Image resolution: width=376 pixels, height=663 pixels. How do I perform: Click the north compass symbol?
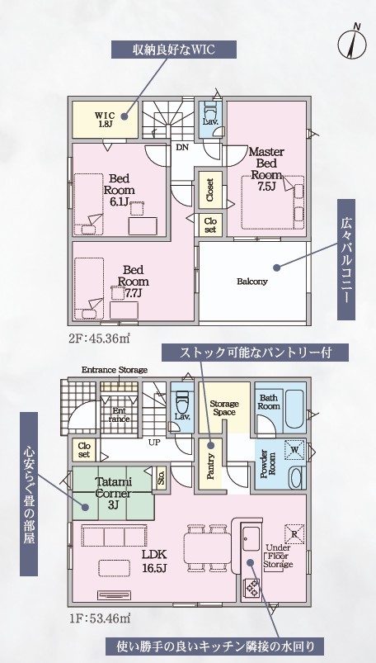click(x=351, y=43)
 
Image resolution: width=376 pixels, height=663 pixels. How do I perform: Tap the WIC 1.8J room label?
click(x=104, y=119)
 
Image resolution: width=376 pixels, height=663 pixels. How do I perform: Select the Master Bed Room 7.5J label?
click(x=266, y=169)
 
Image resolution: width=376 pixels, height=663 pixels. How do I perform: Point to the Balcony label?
click(x=252, y=282)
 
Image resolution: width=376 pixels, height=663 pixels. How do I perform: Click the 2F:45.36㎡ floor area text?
click(x=98, y=339)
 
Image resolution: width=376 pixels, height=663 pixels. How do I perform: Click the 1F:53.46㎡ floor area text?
click(x=98, y=618)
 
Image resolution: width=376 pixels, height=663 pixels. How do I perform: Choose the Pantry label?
click(x=212, y=466)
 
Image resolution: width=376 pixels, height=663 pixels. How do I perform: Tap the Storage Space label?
click(x=224, y=408)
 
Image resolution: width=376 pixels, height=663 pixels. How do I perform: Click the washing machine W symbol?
click(x=295, y=450)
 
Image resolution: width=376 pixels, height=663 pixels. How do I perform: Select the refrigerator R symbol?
click(x=295, y=533)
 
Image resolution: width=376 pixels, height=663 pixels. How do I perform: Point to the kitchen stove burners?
click(x=251, y=586)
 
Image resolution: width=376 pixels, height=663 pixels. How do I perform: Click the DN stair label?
click(x=182, y=148)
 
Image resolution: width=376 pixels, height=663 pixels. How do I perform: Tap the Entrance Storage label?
click(x=115, y=370)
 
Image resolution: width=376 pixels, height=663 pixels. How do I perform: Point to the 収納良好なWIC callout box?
click(x=174, y=50)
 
